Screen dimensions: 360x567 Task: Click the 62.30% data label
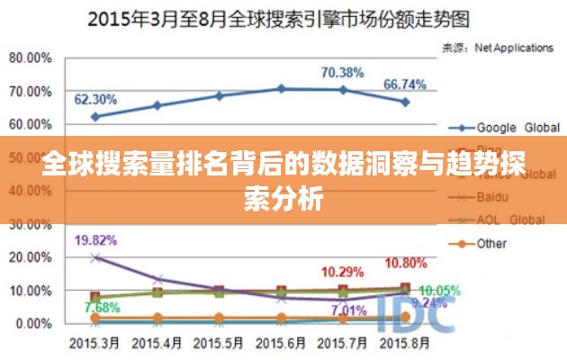tap(94, 99)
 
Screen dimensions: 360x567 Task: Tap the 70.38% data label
tap(342, 72)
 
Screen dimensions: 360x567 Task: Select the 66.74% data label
tap(405, 85)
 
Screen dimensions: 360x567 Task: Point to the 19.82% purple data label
tap(95, 240)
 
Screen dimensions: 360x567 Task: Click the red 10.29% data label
tap(343, 272)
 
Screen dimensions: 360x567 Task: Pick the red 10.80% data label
tap(406, 263)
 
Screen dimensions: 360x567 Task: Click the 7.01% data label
tap(349, 310)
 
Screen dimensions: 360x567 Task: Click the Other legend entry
tap(491, 243)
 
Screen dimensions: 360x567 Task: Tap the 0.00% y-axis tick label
tap(33, 323)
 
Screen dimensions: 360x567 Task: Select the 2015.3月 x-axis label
tap(94, 344)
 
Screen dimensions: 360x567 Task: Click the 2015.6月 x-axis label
tap(282, 344)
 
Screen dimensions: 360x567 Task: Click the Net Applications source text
tap(513, 47)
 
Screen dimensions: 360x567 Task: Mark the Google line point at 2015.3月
tap(94, 116)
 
